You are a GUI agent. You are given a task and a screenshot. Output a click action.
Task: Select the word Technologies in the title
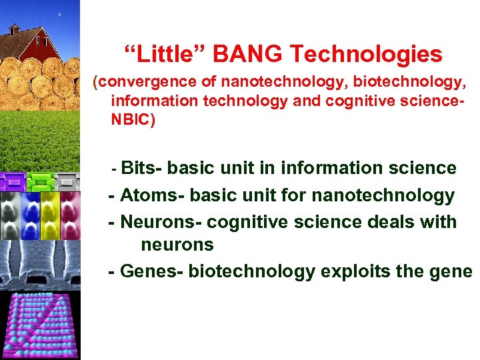click(x=384, y=54)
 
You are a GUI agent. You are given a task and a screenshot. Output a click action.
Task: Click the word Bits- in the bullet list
click(x=141, y=168)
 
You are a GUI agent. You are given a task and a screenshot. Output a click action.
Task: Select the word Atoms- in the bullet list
click(x=152, y=195)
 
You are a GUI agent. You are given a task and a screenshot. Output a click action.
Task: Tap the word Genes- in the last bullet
click(x=152, y=271)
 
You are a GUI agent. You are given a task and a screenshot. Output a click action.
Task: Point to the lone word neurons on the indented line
click(x=177, y=245)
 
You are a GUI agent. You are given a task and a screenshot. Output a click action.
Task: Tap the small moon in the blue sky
click(x=59, y=13)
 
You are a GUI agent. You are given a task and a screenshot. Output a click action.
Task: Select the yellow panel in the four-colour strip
click(x=49, y=213)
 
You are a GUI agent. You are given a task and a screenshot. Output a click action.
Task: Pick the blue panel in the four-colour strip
click(x=31, y=213)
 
